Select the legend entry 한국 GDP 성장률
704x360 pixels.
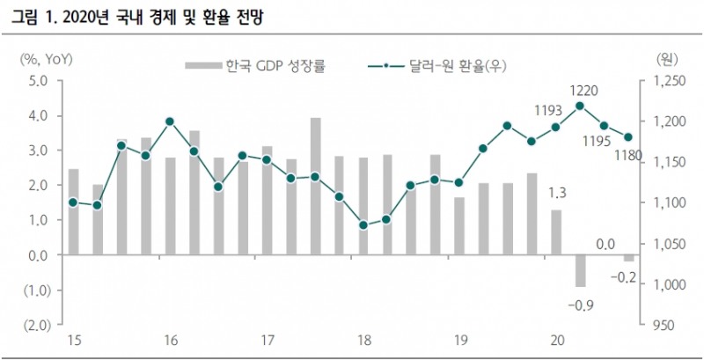tap(255, 65)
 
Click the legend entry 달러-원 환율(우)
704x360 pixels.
tap(441, 65)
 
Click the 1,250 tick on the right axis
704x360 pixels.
tap(666, 81)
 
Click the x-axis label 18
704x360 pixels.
tap(363, 341)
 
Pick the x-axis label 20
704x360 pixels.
tap(556, 341)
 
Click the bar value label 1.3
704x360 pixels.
tap(556, 193)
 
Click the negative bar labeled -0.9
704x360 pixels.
tap(580, 270)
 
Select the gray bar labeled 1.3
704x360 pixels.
tap(556, 231)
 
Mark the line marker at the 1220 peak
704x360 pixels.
tap(580, 106)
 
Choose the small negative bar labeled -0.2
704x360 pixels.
tap(628, 258)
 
